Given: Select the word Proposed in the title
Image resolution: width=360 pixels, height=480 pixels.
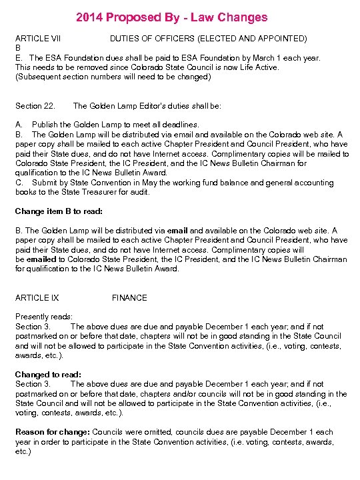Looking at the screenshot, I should [x=135, y=17].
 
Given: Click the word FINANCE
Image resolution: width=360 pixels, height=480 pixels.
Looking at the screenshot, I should [x=129, y=298].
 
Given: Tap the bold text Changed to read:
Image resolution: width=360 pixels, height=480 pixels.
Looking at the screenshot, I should [x=48, y=375].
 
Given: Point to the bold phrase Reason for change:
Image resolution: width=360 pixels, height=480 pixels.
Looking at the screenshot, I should [x=53, y=432].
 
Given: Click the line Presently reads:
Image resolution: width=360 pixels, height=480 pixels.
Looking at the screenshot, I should [x=44, y=317].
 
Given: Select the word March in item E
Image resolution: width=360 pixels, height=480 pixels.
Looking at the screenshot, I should [x=269, y=58].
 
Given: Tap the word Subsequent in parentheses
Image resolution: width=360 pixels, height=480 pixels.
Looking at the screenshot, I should [x=41, y=77].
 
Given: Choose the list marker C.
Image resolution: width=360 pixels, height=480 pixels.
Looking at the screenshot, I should [x=19, y=183].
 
